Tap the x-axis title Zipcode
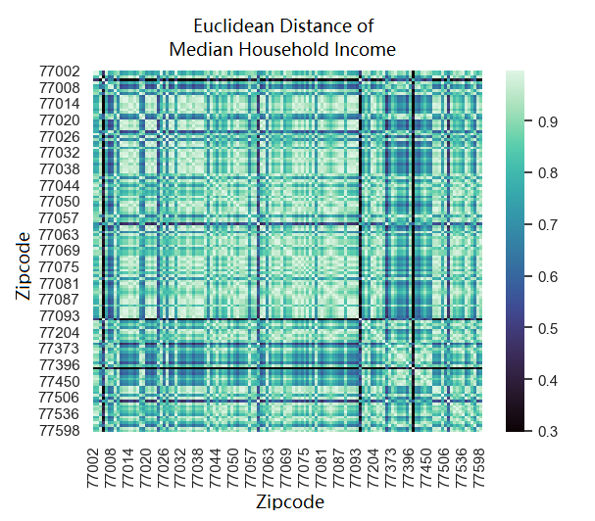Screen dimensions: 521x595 coord(289,502)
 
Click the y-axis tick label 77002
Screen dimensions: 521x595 coord(59,71)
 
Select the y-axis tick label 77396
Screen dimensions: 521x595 coord(59,364)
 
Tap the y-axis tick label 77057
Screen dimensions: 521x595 coord(59,217)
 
